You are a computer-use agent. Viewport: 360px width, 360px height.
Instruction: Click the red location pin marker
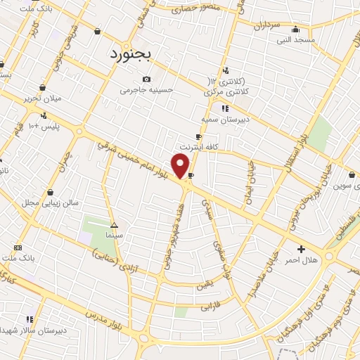coord(181,165)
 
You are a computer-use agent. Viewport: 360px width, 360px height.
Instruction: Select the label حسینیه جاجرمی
coord(146,90)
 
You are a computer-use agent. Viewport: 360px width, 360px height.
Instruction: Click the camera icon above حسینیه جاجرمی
coord(146,79)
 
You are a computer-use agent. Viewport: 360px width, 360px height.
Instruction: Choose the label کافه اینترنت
coord(199,146)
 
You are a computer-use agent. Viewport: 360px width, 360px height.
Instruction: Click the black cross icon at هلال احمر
coord(302,249)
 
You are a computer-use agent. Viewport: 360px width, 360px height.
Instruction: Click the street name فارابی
coord(211,307)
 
